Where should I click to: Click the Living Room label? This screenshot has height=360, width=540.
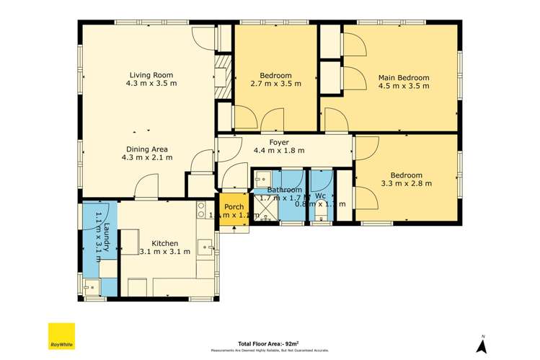(151, 75)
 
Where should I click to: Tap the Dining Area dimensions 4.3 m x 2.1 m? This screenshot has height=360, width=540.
(151, 157)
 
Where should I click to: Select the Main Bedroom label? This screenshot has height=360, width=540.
(403, 77)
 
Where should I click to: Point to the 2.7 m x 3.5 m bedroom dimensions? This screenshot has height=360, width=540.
(275, 84)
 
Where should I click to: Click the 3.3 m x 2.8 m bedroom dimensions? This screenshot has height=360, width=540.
(406, 183)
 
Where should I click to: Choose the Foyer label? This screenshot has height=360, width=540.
(278, 143)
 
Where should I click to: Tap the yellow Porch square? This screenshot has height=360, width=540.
(234, 210)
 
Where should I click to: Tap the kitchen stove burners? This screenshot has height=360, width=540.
(202, 210)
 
